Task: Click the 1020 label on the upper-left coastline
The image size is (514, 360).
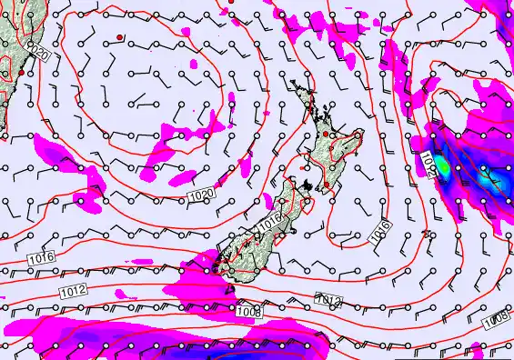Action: [x=39, y=55]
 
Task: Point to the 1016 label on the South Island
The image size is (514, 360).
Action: [x=267, y=220]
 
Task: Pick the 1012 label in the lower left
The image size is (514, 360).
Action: [x=74, y=291]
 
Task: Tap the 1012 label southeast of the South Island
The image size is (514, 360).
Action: [x=328, y=300]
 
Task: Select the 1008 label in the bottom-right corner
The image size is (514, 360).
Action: [x=495, y=319]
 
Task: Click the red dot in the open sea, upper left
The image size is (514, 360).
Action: [x=119, y=36]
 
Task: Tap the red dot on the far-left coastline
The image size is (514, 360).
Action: [x=21, y=72]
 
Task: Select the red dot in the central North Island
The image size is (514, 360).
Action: [x=325, y=135]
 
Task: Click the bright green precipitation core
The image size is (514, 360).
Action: [x=443, y=165]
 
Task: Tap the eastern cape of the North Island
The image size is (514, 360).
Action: [x=362, y=134]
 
